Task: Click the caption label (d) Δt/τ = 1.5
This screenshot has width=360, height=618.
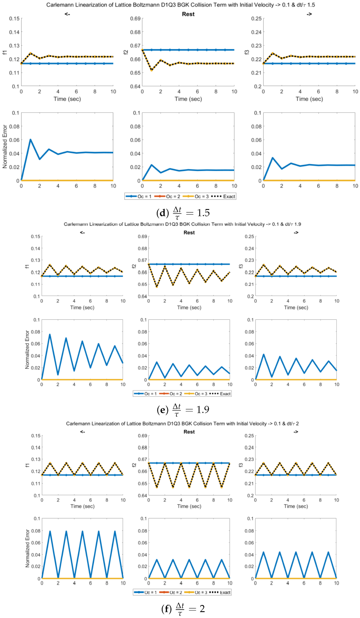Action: pos(183,213)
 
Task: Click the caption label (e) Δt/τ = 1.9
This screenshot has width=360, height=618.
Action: pos(183,410)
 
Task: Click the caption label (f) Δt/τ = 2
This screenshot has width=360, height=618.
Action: pos(183,609)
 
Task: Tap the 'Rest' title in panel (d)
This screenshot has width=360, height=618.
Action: pos(188,14)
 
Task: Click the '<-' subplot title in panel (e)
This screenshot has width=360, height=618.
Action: pos(82,233)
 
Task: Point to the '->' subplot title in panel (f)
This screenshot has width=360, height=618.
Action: pos(296,432)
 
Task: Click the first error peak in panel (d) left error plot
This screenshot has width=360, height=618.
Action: pos(30,140)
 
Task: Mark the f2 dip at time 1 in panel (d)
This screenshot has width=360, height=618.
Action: pos(151,70)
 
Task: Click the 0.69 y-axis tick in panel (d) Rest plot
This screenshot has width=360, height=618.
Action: pos(135,19)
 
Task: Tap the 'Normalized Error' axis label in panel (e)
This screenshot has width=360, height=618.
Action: pos(27,350)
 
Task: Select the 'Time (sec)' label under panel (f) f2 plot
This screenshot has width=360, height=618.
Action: pos(189,506)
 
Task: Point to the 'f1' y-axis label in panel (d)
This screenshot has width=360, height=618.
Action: pos(4,52)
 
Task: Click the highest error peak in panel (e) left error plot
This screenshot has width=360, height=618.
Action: pos(50,334)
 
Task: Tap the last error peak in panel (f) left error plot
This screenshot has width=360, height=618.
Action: pos(115,531)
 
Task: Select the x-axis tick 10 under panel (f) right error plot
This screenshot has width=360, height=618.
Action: pos(336,583)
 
